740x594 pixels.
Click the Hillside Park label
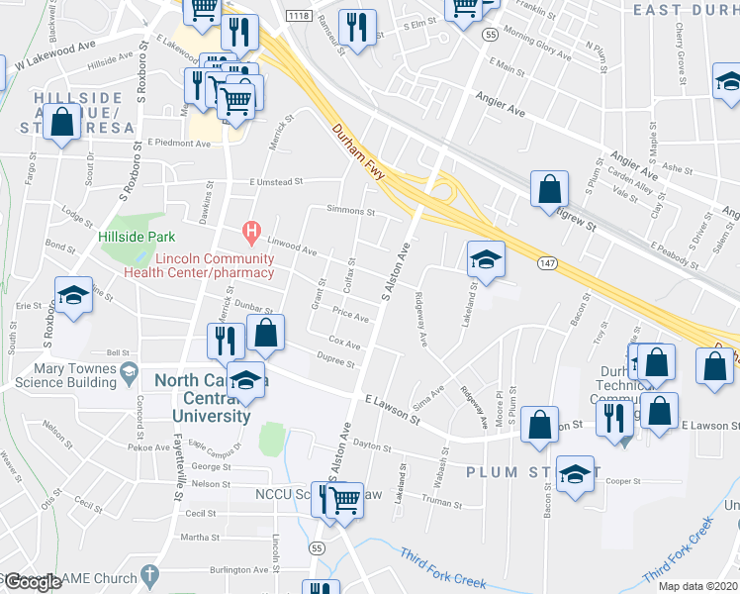137,237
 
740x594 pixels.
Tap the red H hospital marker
251,234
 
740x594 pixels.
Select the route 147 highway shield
547,261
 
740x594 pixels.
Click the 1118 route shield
298,16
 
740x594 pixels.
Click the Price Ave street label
350,317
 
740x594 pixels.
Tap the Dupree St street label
336,363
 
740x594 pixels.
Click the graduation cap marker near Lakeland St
485,260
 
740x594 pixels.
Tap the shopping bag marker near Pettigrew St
549,189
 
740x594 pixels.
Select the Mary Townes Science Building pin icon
129,372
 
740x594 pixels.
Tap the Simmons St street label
351,211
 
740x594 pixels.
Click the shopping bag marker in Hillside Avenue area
62,124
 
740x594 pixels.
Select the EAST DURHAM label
686,10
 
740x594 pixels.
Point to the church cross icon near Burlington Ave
148,574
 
